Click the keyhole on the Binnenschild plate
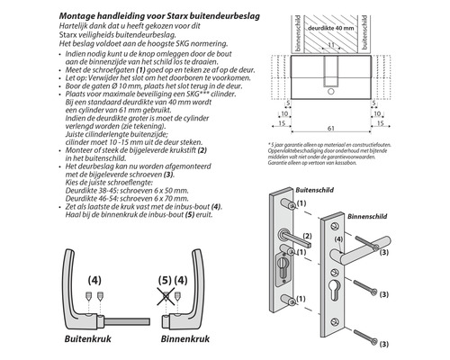pyautogui.click(x=339, y=287)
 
